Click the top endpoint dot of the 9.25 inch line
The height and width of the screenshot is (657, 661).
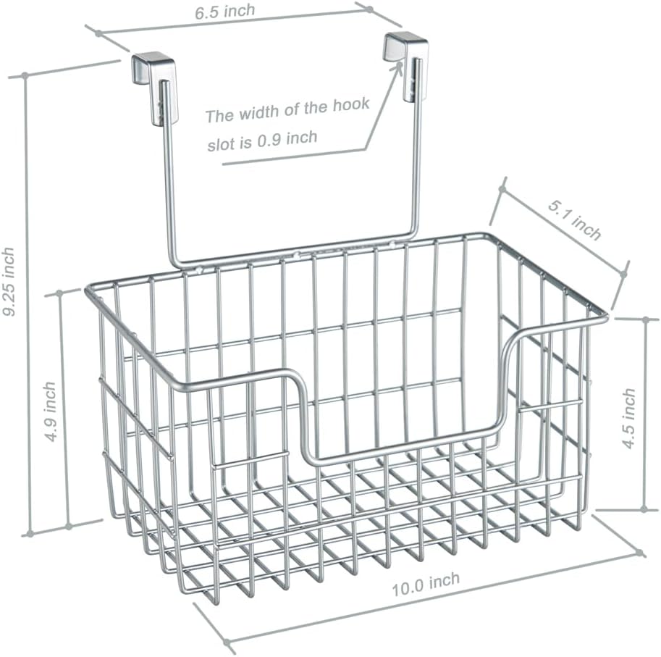pos(25,75)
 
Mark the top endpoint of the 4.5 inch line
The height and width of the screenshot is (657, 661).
pos(645,319)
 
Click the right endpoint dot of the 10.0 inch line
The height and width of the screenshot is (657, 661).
pos(641,554)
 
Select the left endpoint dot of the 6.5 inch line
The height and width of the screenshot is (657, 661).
pos(96,31)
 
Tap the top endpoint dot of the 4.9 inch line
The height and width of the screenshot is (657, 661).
pos(59,294)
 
